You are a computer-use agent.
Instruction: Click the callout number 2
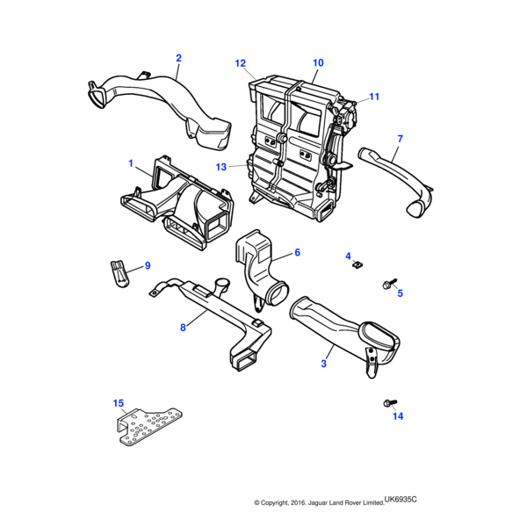178,59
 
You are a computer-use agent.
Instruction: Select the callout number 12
240,63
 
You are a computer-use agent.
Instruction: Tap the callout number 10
318,63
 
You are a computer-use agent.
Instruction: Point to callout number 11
374,97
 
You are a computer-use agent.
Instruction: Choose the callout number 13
222,167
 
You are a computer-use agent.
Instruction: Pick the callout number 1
131,163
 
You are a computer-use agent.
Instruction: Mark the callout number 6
297,252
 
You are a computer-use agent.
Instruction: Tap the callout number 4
348,255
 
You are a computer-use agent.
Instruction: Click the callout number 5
400,292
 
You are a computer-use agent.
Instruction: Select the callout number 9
148,265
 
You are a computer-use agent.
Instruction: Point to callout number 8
183,328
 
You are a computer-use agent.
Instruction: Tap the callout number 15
119,403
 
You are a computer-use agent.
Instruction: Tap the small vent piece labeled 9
119,272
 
